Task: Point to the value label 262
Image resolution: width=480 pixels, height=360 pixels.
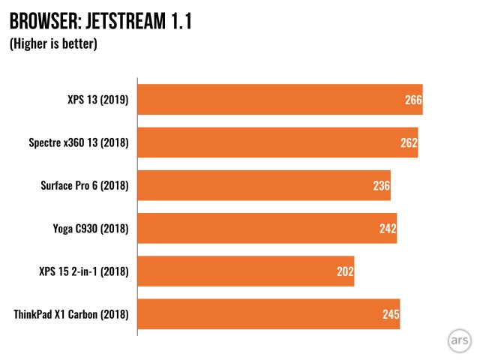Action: point(409,142)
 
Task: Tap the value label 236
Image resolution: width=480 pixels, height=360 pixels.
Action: point(381,185)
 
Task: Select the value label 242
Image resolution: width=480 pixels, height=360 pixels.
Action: point(388,228)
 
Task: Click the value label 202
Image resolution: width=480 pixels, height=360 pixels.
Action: point(345,271)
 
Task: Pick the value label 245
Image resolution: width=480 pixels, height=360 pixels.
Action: point(391,313)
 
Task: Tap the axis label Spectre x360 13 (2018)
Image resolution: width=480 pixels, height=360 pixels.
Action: point(79,142)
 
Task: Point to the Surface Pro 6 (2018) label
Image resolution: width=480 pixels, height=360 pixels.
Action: point(84,185)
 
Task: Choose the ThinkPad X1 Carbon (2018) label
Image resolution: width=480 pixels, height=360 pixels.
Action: point(71,313)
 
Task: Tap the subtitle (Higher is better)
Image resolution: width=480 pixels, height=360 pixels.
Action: point(53,44)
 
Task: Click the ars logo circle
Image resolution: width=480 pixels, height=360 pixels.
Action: point(459,339)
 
